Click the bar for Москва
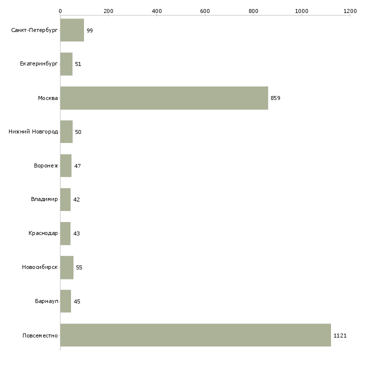164,98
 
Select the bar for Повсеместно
195,335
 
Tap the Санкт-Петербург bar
72,30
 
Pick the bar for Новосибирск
67,267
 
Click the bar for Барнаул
65,301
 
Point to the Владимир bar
65,199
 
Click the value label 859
275,98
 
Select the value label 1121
340,335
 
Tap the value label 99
89,30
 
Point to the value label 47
77,166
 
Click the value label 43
76,233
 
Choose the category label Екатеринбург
38,64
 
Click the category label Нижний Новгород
33,131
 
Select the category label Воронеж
46,165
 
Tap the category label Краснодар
43,233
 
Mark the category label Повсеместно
40,335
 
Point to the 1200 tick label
350,11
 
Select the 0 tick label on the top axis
60,11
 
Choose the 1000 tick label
301,11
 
